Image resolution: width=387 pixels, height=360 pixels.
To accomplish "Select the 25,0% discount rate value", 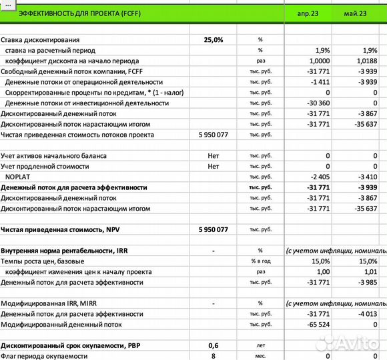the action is (x=214, y=40).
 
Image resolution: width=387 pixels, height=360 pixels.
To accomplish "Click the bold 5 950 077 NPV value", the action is (x=214, y=229).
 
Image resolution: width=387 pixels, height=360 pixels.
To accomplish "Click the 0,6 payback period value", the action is (x=214, y=346).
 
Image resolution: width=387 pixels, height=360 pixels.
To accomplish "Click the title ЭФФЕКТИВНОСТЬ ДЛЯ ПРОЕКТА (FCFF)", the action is (x=75, y=13).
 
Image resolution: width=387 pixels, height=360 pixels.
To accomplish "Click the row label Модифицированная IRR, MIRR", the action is (x=51, y=303).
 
